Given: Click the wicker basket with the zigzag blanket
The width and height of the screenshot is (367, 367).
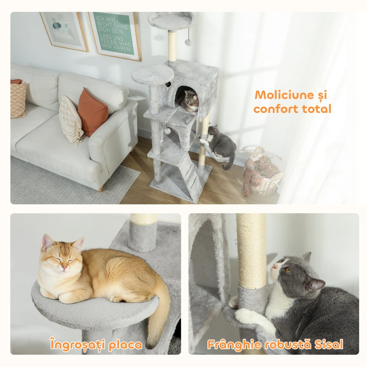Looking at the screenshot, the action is tap(262, 173).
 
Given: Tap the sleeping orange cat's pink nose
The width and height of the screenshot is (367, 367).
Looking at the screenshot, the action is tap(64, 268).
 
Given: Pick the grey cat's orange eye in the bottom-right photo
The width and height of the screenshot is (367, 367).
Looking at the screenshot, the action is tap(288, 270).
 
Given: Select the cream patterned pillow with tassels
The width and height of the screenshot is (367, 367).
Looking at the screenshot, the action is tap(70, 120).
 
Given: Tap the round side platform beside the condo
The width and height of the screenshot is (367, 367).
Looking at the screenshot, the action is tap(152, 75).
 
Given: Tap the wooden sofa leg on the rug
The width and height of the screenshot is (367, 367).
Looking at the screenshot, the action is tap(101, 189).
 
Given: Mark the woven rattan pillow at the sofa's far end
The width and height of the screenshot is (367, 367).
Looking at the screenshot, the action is tap(18, 99).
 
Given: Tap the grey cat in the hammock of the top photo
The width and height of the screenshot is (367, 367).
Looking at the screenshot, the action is tap(221, 145).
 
